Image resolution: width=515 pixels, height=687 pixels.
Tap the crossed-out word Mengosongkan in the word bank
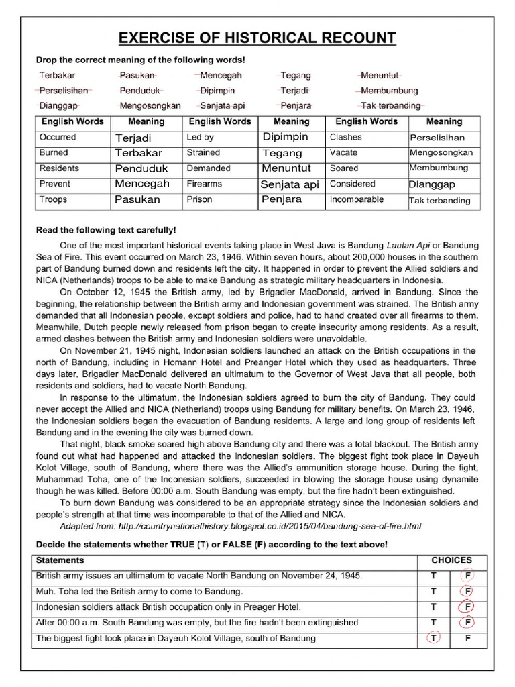(150, 105)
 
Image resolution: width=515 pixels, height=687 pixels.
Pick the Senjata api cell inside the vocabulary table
(290, 184)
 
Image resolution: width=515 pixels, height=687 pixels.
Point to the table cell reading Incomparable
(357, 199)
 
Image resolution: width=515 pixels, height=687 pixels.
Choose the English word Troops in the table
(54, 199)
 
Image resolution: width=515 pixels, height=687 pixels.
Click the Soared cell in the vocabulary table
(344, 168)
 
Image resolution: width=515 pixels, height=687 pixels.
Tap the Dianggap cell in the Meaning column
(432, 184)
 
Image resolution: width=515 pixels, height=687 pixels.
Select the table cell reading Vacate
(343, 152)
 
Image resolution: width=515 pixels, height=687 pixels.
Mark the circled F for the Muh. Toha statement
(467, 592)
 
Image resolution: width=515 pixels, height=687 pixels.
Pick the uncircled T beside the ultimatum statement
(434, 576)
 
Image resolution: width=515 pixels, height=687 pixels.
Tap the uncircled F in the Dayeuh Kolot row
(467, 638)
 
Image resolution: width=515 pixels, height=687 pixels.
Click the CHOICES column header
(451, 560)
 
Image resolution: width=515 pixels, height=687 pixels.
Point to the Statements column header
(60, 560)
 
